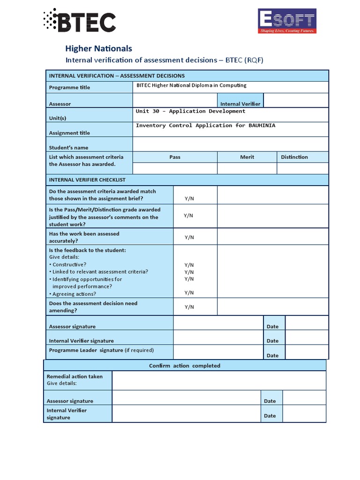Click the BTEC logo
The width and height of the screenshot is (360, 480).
(x=79, y=21)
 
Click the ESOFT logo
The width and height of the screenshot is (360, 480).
(x=287, y=21)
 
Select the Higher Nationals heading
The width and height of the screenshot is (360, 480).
(x=98, y=49)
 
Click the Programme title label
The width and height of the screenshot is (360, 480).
(x=69, y=88)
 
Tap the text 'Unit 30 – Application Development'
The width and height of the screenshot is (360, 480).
(x=190, y=112)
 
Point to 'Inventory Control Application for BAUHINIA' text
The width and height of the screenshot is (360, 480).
(x=205, y=126)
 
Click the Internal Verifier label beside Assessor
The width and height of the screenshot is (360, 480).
(x=240, y=104)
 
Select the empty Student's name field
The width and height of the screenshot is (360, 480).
(x=231, y=144)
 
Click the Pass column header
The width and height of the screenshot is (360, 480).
(x=175, y=157)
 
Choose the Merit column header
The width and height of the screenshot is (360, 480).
(x=247, y=157)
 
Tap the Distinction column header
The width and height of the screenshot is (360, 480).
(x=294, y=157)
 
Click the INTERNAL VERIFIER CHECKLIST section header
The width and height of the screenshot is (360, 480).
(x=87, y=180)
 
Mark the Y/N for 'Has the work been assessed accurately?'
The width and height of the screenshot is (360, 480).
(x=189, y=238)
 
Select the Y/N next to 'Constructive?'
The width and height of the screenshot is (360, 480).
(x=189, y=265)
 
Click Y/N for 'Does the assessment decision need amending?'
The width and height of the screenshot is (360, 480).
(x=189, y=307)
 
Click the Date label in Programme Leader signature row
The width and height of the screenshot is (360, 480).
(x=272, y=356)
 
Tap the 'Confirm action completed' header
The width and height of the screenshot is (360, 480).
(x=185, y=366)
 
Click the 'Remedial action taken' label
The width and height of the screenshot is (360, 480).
(x=75, y=376)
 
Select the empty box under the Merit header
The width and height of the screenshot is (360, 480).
(x=247, y=169)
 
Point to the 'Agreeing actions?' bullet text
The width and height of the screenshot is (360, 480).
(x=74, y=294)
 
